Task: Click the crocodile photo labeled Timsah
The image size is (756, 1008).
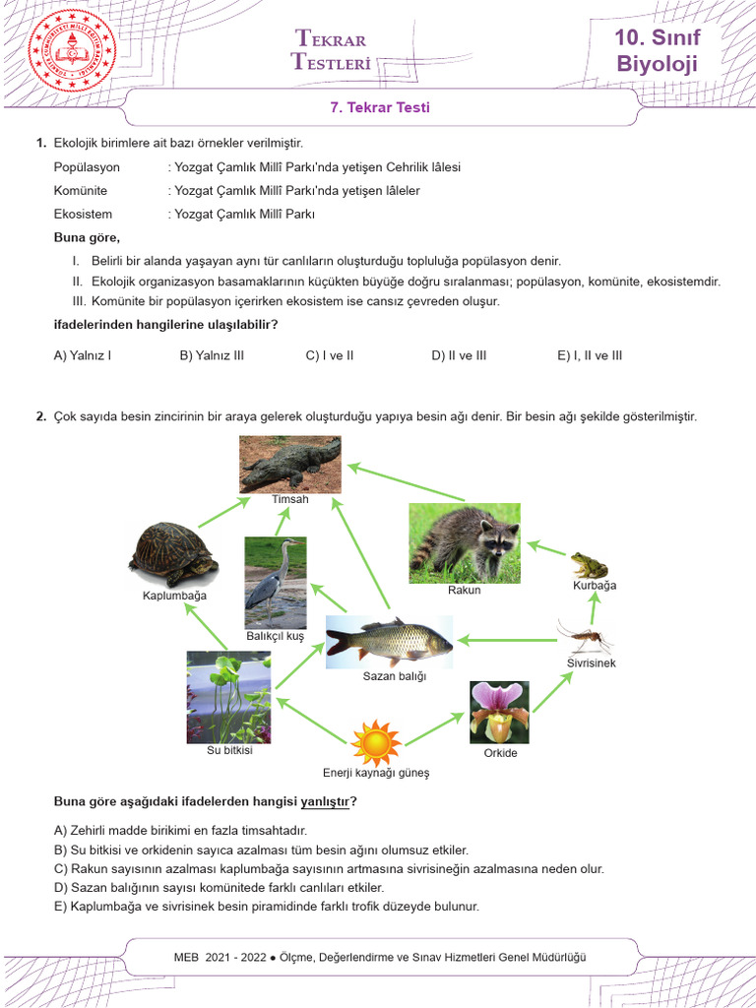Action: (290, 465)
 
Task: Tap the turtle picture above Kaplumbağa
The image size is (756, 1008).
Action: (174, 554)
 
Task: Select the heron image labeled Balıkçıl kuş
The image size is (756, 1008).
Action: (276, 582)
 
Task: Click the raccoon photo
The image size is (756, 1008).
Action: (464, 542)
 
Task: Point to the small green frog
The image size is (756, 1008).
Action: (590, 564)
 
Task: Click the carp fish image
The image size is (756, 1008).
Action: (389, 641)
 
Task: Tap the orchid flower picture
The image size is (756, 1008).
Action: (499, 712)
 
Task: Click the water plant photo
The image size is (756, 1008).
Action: (228, 697)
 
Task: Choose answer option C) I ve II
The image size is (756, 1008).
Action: (330, 355)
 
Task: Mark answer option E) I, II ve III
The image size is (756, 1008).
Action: (590, 355)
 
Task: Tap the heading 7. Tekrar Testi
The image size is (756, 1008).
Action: (378, 108)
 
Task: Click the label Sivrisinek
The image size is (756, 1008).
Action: (591, 664)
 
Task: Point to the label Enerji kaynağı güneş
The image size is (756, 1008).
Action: (376, 773)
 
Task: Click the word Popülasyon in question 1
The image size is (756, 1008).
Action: (87, 167)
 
